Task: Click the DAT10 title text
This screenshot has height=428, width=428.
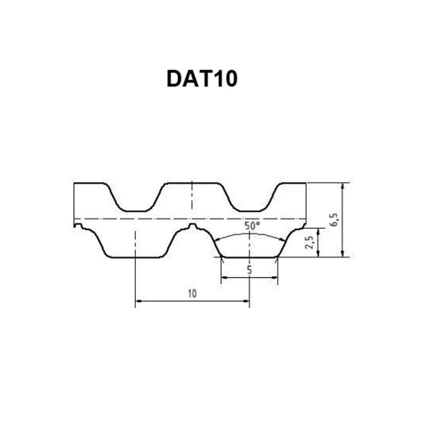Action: pos(202,79)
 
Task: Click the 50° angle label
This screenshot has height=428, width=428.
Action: pos(252,226)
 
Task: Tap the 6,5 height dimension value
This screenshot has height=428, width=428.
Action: pos(334,219)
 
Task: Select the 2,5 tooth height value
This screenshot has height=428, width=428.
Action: pos(309,242)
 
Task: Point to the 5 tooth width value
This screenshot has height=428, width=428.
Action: pos(249,270)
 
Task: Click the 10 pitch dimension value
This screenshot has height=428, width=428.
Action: pos(192,293)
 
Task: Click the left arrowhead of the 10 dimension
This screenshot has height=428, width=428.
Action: pos(139,301)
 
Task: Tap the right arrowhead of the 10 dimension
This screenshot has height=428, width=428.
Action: pos(246,301)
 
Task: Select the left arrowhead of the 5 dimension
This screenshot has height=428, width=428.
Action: pos(224,278)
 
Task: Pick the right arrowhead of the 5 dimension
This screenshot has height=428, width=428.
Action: pos(274,278)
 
